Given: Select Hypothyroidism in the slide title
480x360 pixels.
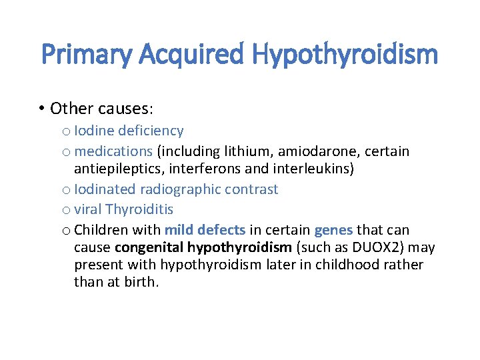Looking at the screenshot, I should click(x=347, y=54).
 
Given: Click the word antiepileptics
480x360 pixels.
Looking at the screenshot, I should click(x=116, y=169).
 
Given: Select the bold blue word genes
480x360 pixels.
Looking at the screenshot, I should click(x=333, y=230).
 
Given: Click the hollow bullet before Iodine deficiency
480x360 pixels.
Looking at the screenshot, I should click(x=65, y=131).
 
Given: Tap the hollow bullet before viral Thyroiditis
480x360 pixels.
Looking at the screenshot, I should click(x=65, y=210).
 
